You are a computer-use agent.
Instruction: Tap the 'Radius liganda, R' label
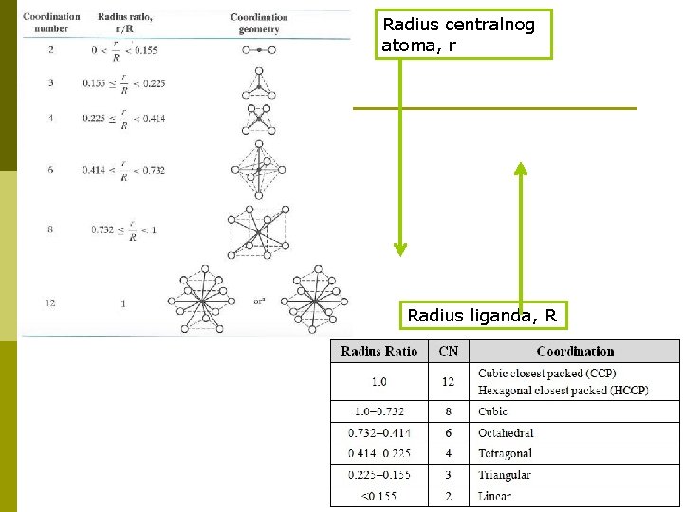[x=481, y=315]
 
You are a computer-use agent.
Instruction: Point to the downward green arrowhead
[x=400, y=248]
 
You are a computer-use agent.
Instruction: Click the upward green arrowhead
[x=520, y=170]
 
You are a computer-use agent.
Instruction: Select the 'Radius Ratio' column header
[x=378, y=351]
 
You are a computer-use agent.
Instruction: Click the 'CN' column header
[x=449, y=351]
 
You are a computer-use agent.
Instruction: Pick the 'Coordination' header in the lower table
[x=575, y=351]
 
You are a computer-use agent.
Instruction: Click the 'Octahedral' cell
[x=506, y=432]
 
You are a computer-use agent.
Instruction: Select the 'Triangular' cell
[x=505, y=474]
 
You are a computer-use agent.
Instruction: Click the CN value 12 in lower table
[x=449, y=382]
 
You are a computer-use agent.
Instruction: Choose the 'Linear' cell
[x=495, y=495]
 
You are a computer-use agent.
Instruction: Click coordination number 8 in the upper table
[x=51, y=229]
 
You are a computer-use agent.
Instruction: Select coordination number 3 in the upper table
[x=51, y=83]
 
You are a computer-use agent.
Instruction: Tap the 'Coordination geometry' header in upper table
[x=259, y=23]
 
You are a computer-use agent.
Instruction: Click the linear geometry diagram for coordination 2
[x=259, y=50]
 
